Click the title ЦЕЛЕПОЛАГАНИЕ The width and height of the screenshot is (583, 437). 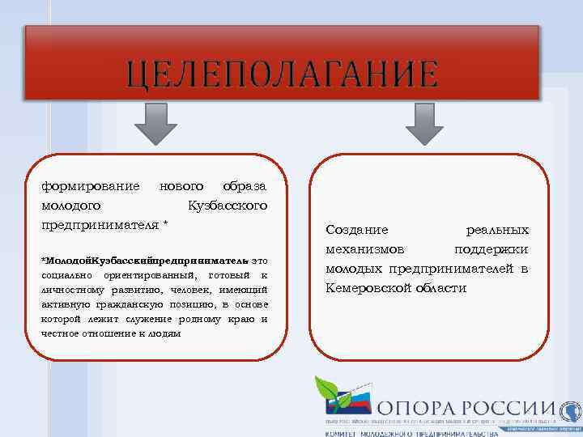[282, 74]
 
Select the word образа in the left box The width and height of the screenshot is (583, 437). [244, 187]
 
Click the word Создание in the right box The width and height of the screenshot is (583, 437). [357, 230]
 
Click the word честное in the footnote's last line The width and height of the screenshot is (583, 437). [60, 333]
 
